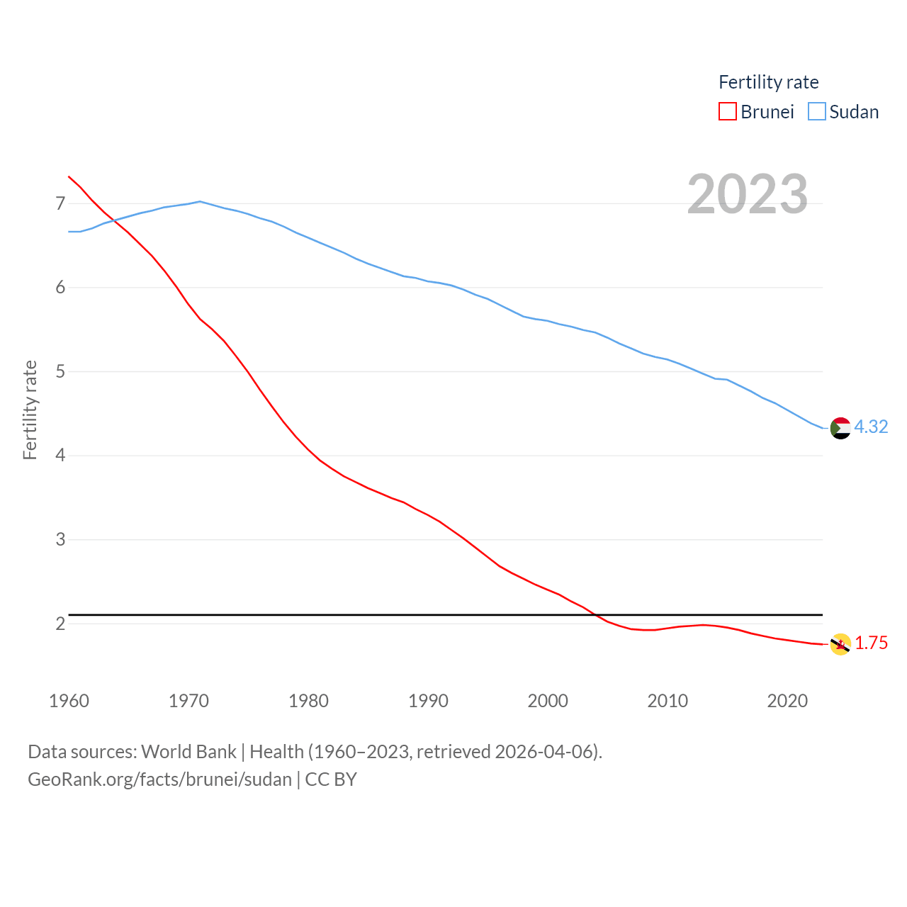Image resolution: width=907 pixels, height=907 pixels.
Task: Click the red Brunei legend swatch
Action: click(x=728, y=112)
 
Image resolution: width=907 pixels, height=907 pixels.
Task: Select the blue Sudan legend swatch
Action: click(x=817, y=112)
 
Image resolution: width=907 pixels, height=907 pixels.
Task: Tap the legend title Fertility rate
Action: click(x=768, y=82)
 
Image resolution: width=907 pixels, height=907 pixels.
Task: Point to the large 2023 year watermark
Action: click(x=748, y=194)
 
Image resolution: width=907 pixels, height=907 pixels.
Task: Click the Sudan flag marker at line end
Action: click(x=840, y=428)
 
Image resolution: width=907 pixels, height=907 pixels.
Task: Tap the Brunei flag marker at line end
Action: click(x=840, y=644)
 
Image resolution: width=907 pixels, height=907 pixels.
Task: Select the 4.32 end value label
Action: click(x=871, y=427)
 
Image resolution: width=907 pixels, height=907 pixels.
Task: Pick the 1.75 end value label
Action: click(x=871, y=643)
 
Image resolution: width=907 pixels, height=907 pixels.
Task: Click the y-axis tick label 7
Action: click(x=60, y=204)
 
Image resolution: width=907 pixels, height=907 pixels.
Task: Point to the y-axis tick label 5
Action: click(x=60, y=372)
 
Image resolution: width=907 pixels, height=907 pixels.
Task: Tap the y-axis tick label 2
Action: click(x=60, y=624)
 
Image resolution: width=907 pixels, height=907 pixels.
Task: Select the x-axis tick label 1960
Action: click(x=69, y=701)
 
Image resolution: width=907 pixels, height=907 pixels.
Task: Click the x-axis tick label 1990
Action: click(x=428, y=701)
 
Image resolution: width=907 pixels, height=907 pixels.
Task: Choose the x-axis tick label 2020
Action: click(x=787, y=701)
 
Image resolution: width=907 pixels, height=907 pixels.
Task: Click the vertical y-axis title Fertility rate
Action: click(x=30, y=410)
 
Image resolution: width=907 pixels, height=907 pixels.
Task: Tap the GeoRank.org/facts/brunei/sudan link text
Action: click(x=159, y=779)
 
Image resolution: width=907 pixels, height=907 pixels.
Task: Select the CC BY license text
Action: click(x=331, y=779)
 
